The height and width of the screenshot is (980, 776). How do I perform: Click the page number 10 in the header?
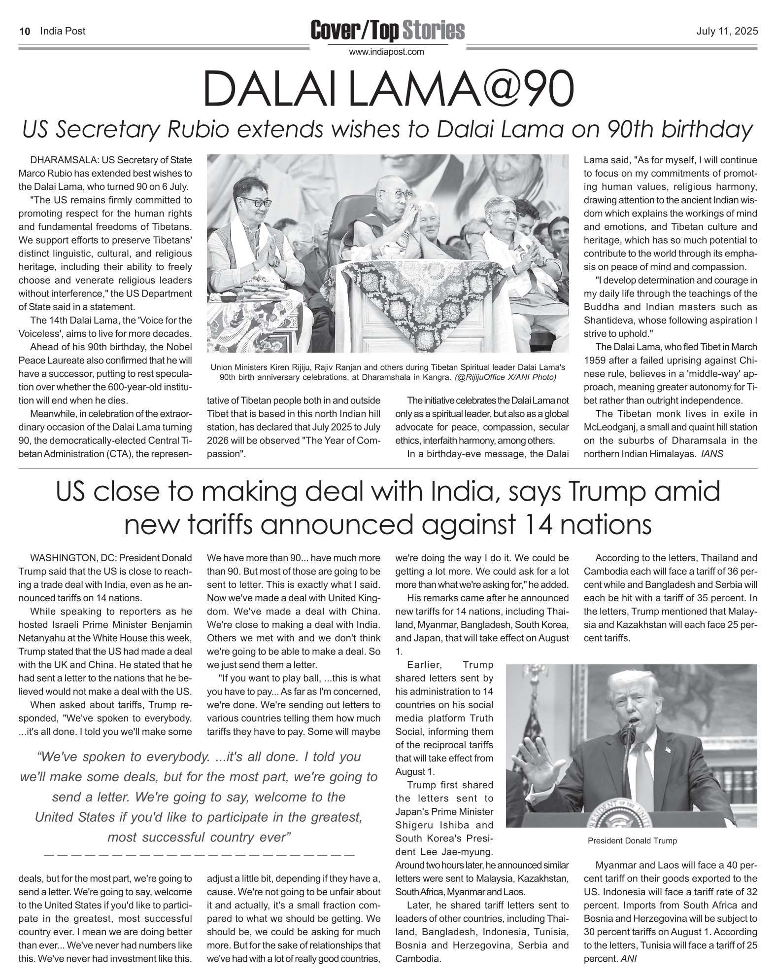click(x=25, y=32)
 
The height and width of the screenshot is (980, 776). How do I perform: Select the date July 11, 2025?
click(x=727, y=32)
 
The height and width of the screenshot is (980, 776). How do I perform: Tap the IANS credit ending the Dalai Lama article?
click(x=712, y=454)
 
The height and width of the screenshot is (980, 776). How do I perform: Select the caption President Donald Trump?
click(x=632, y=840)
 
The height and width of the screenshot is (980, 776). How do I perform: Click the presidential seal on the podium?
click(x=621, y=821)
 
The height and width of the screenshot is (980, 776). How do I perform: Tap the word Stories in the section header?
click(x=433, y=31)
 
